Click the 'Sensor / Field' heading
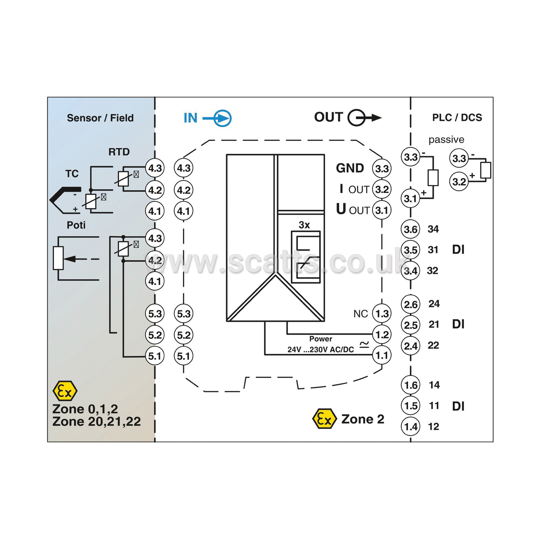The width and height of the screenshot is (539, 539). click(x=100, y=118)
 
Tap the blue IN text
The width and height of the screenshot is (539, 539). click(x=191, y=118)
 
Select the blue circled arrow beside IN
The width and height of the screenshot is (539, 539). click(x=222, y=118)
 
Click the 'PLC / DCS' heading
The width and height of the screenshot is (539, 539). click(x=457, y=117)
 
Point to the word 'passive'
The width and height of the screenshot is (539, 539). click(x=446, y=140)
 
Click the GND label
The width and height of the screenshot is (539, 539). click(x=350, y=168)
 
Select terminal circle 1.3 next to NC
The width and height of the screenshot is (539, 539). click(x=382, y=314)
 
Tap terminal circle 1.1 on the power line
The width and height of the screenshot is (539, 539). click(x=382, y=355)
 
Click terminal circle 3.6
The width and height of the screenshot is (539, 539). click(x=411, y=229)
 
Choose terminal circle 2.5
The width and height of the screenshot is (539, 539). click(x=411, y=325)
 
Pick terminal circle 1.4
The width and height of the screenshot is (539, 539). click(x=411, y=427)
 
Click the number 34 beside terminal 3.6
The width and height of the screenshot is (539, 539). click(x=433, y=229)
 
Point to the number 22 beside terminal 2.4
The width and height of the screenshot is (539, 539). click(x=433, y=345)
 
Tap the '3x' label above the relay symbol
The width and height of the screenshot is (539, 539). click(x=304, y=225)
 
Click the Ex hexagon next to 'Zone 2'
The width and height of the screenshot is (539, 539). click(x=324, y=419)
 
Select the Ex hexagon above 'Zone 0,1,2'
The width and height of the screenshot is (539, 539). click(x=65, y=391)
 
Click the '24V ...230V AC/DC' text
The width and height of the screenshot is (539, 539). click(x=321, y=349)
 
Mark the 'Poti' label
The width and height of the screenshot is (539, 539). click(x=76, y=225)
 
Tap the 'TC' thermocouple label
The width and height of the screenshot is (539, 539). click(x=72, y=174)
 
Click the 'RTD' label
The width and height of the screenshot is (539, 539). click(x=119, y=152)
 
